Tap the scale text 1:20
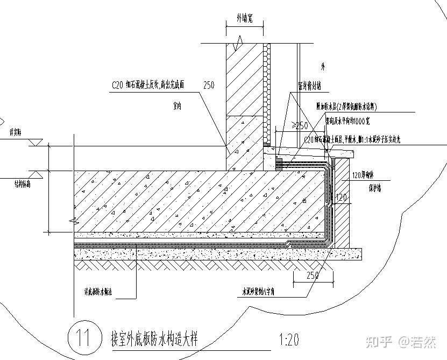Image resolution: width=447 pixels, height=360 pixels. click(x=289, y=340)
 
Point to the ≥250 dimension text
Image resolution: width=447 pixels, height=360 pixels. click(x=299, y=125)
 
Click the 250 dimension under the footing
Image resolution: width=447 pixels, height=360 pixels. click(x=311, y=276)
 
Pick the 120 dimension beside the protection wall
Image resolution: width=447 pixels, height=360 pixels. click(x=341, y=198)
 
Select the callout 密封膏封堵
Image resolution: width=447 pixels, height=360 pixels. click(x=309, y=85)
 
